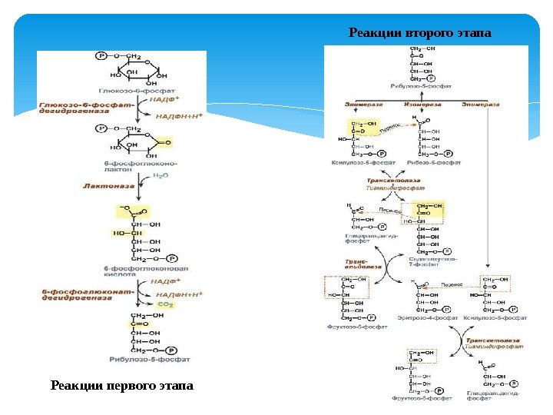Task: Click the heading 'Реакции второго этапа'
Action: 419,33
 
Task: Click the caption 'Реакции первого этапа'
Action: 122,384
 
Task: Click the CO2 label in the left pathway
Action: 166,305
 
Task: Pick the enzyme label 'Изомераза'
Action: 420,104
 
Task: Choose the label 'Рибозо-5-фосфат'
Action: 435,163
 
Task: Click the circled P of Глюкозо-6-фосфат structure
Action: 101,57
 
